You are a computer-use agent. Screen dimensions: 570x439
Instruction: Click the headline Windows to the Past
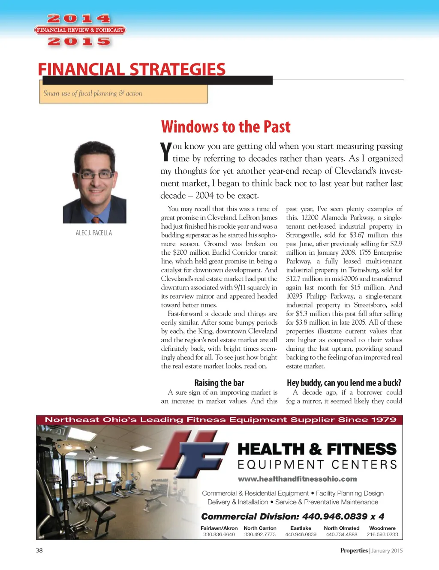(x=226, y=127)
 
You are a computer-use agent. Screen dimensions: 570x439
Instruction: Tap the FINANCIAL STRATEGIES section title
(x=132, y=69)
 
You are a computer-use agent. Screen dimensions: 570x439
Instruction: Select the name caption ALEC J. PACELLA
(x=94, y=233)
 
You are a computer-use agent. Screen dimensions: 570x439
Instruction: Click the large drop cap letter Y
(x=165, y=152)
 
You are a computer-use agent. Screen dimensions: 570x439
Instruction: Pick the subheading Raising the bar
(x=219, y=383)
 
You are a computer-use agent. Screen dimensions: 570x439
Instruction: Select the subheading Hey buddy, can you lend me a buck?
(x=344, y=383)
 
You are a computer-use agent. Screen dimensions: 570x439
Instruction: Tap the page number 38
(x=39, y=550)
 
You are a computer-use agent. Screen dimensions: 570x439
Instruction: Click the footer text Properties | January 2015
(x=371, y=550)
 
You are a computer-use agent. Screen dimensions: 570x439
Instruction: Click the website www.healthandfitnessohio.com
(x=298, y=479)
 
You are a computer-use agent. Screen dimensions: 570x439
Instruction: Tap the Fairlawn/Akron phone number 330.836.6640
(x=219, y=534)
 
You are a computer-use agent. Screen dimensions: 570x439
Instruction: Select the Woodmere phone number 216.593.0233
(x=382, y=534)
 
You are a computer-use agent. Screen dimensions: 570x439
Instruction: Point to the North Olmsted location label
(x=342, y=528)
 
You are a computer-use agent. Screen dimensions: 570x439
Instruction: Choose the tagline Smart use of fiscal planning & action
(x=93, y=93)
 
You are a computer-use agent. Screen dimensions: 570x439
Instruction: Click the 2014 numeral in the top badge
(x=79, y=18)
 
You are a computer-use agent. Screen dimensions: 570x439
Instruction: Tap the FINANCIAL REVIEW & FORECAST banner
(x=80, y=30)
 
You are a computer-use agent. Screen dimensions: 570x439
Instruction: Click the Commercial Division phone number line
(x=293, y=516)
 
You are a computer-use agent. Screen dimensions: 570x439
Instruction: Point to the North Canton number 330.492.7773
(x=260, y=534)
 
